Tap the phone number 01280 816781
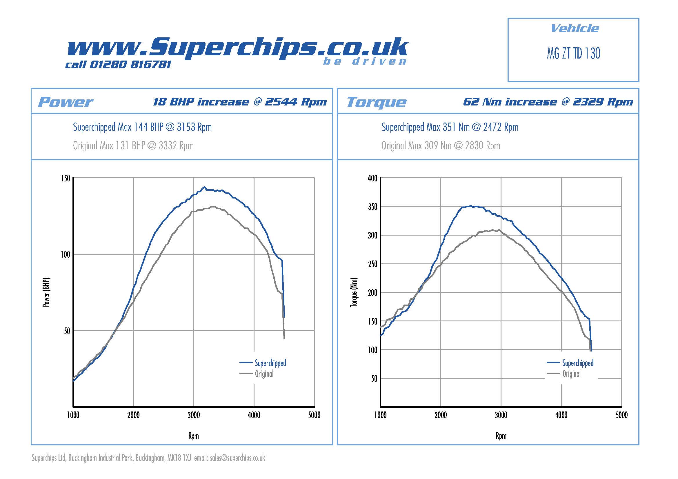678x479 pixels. tap(130, 64)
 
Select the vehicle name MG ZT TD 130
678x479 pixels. tap(573, 53)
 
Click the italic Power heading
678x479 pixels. tap(65, 102)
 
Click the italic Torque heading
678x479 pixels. tap(376, 102)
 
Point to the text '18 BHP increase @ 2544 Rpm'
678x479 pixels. tap(240, 102)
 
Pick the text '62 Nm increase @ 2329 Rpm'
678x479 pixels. tap(548, 102)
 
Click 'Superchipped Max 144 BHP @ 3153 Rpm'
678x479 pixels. tap(142, 127)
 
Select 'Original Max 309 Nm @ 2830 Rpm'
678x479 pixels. tap(441, 145)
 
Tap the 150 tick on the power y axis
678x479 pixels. tap(66, 178)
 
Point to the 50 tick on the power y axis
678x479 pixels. tap(67, 331)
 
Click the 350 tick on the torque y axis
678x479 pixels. tap(372, 207)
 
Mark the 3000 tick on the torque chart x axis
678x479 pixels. tap(501, 415)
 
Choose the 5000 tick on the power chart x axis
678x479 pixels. tap(314, 415)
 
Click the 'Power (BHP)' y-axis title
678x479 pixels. tap(46, 292)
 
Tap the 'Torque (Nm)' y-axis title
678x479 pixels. tap(354, 292)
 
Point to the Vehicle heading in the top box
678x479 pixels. tap(575, 29)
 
